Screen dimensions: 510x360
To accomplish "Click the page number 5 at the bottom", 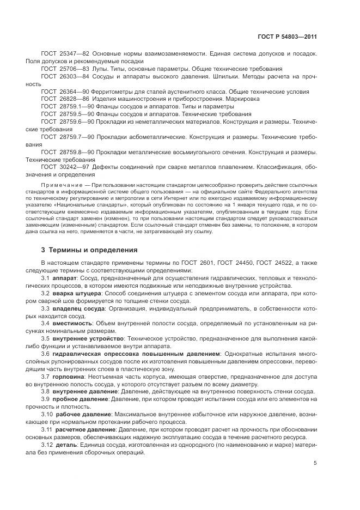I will coord(315,464).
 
